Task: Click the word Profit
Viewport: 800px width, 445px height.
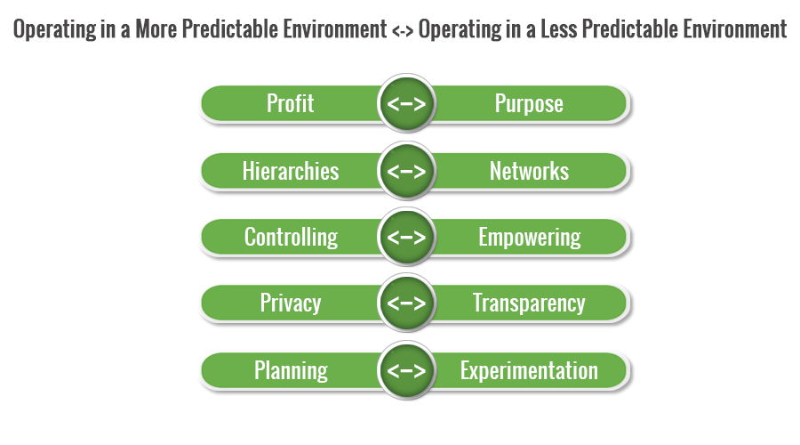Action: click(x=291, y=103)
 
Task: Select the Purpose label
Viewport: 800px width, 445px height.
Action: click(x=529, y=104)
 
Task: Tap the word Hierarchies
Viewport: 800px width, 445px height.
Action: click(x=291, y=171)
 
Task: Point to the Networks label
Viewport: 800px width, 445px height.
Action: click(x=530, y=171)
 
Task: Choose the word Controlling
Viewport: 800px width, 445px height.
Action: click(x=291, y=238)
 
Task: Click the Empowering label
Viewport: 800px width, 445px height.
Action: click(x=530, y=238)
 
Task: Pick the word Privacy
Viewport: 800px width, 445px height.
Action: click(x=291, y=303)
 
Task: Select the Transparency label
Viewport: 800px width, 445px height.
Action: click(x=529, y=303)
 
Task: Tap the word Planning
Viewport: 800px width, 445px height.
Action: click(x=291, y=371)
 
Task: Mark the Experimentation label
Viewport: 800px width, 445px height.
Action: click(x=529, y=371)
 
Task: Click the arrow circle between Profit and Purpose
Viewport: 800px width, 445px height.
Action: click(x=406, y=103)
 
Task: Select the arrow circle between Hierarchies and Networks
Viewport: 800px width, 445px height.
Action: click(x=406, y=171)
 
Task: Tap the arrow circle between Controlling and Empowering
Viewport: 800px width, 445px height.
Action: click(x=406, y=237)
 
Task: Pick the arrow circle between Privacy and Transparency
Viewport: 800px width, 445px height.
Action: click(x=406, y=303)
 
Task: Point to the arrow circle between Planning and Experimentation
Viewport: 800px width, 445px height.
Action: click(x=406, y=370)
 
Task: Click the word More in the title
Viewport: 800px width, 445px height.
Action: click(x=156, y=28)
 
